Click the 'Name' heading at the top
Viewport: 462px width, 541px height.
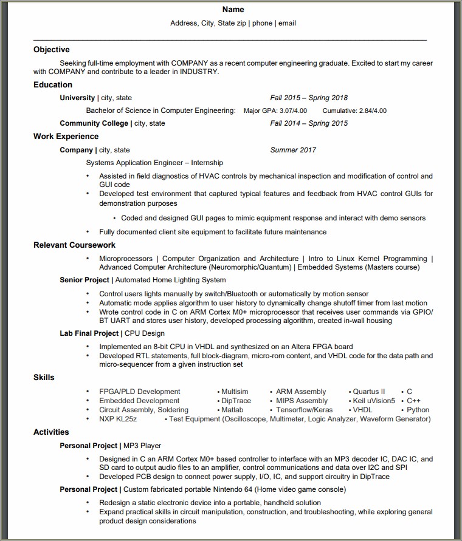pos(233,10)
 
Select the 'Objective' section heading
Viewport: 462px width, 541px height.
pos(52,50)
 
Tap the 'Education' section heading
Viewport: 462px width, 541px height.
pos(53,85)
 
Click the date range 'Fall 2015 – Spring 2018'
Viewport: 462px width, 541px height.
pos(309,98)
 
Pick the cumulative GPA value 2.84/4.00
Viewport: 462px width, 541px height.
pos(371,111)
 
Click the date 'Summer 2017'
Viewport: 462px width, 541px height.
pos(293,150)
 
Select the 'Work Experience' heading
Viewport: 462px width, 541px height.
pos(66,137)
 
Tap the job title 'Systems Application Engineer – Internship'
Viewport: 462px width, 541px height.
pos(154,163)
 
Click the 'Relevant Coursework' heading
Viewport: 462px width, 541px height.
pos(74,245)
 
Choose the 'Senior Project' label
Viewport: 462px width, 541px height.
pos(84,280)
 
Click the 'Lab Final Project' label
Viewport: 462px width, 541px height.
pos(89,333)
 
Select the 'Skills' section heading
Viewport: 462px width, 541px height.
pos(44,378)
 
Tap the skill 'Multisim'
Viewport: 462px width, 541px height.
pos(235,392)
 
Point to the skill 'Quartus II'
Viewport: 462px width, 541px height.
pos(369,392)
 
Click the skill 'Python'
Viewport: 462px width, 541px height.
pos(418,410)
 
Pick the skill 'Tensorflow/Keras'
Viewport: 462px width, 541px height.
pos(305,410)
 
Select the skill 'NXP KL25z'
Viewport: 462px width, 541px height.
pos(118,419)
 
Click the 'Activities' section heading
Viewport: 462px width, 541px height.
pos(51,432)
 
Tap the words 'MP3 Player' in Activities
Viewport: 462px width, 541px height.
pos(142,446)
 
